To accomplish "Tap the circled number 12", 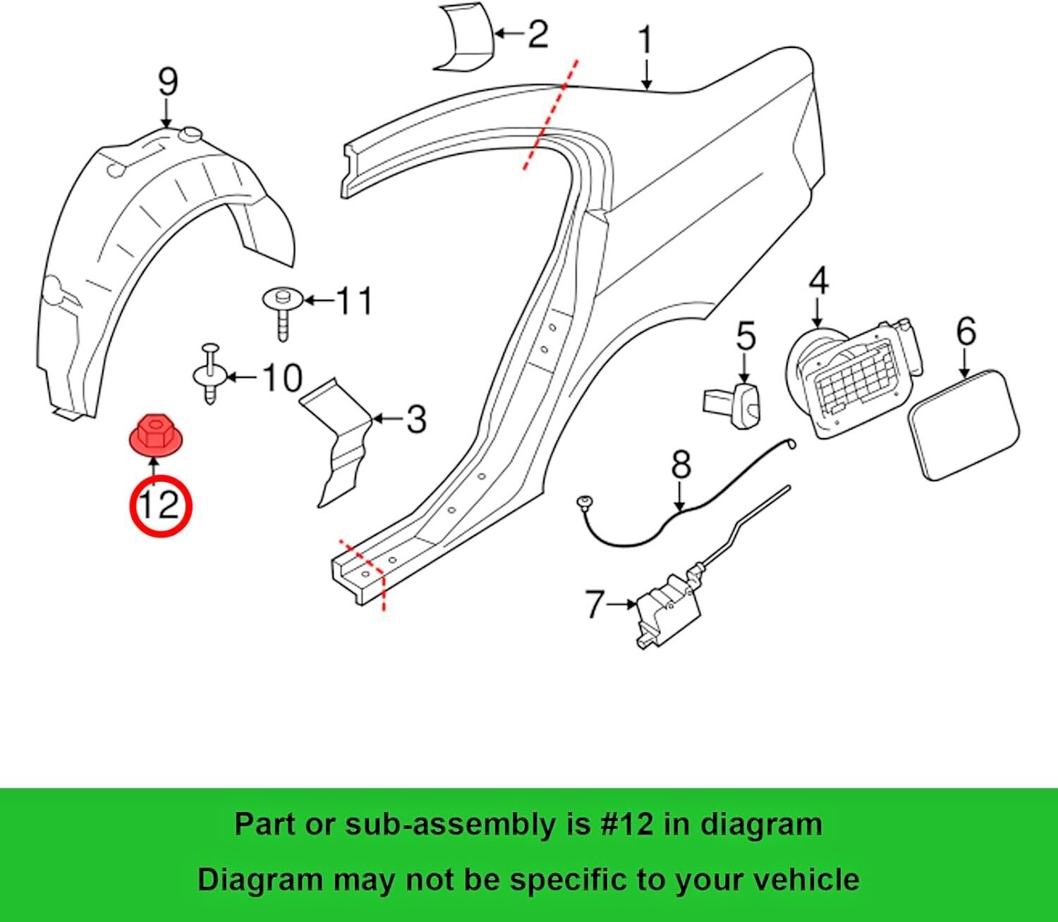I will point(160,505).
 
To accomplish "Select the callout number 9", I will point(167,83).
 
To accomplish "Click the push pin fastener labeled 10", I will point(209,374).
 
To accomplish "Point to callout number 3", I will point(416,419).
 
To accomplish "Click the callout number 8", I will point(681,466).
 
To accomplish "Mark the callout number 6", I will point(966,331).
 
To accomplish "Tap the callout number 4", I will point(818,280).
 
